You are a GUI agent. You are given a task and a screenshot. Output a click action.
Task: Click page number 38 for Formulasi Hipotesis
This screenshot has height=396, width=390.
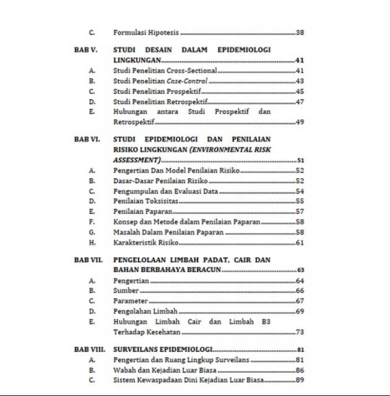[300, 32]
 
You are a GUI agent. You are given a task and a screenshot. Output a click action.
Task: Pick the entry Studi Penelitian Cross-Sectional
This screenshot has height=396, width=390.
[165, 71]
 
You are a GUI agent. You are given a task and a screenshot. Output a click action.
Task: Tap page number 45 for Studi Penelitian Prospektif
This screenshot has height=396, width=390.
[300, 91]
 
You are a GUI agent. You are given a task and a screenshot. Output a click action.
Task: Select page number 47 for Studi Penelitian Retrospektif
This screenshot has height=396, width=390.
[300, 101]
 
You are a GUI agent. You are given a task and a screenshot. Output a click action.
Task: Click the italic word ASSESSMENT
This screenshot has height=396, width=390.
[136, 160]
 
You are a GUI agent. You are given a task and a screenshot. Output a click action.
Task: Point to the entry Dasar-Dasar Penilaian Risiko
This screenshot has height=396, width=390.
[160, 181]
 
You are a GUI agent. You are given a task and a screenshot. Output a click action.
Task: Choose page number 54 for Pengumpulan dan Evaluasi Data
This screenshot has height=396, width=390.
[300, 191]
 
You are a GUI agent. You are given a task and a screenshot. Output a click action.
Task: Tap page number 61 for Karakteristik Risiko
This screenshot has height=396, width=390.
[300, 243]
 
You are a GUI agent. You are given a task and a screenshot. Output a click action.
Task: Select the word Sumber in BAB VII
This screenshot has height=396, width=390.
[126, 290]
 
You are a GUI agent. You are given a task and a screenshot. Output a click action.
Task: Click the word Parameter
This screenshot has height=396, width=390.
[131, 301]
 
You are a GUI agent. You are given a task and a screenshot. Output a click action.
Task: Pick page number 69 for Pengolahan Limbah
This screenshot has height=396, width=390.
[300, 311]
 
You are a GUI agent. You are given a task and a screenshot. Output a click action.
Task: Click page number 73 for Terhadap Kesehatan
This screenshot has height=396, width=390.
[300, 332]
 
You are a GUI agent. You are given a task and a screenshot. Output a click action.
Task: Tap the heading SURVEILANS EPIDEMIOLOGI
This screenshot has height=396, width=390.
[163, 350]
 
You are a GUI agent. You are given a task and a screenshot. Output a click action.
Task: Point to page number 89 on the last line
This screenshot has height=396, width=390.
[300, 380]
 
